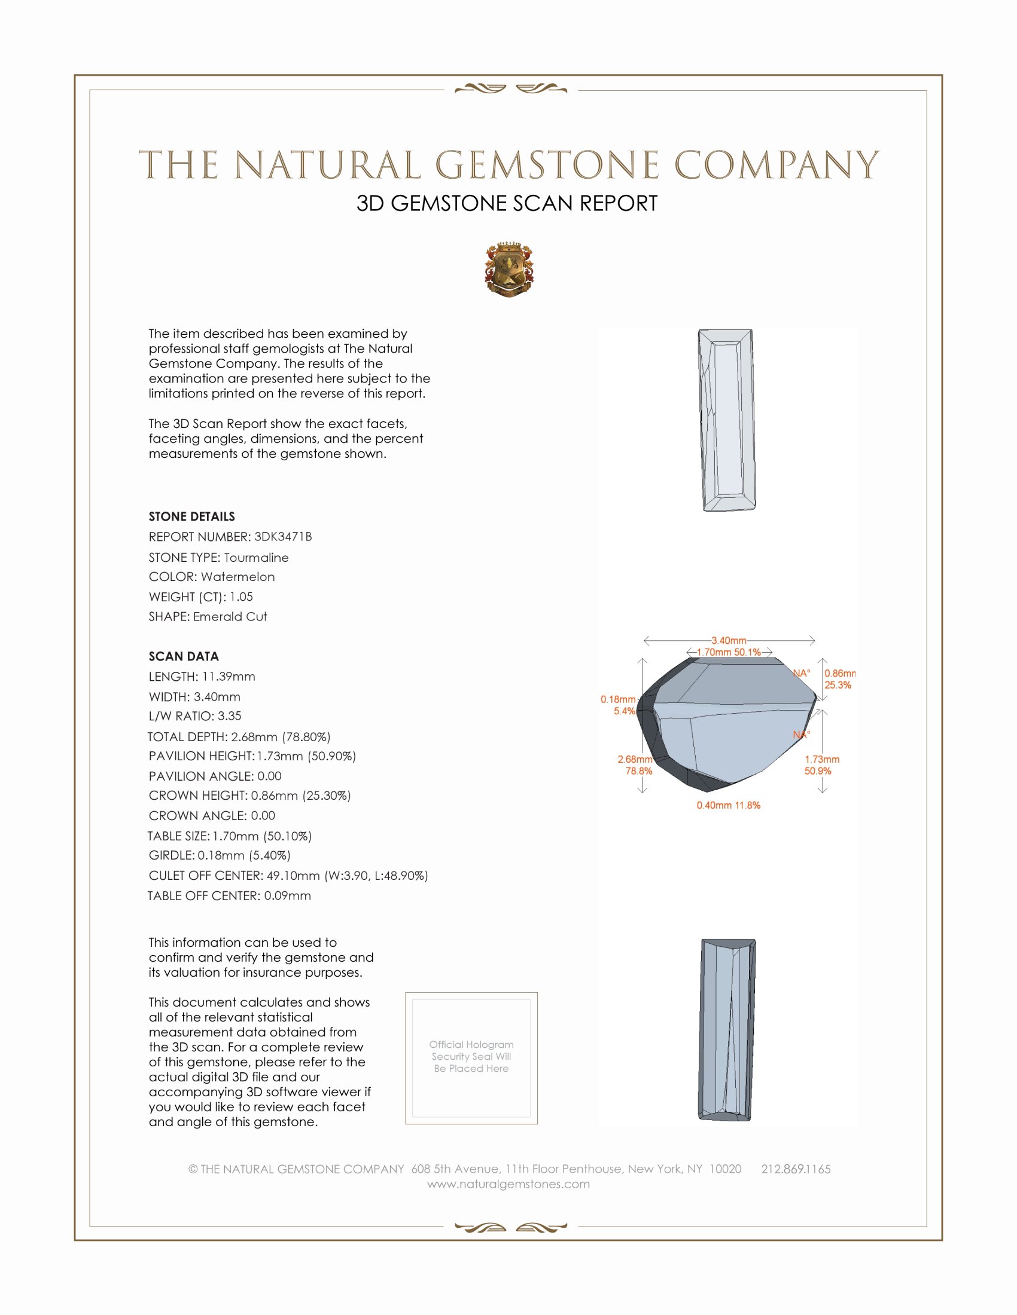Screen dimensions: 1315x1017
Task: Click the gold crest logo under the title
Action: click(508, 270)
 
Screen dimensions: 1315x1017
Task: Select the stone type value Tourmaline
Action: click(256, 558)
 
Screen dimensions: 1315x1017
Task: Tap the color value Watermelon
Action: click(237, 577)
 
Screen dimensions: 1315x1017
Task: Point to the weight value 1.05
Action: click(241, 597)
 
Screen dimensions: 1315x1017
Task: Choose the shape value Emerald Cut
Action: click(230, 617)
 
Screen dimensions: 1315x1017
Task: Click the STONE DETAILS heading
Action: click(191, 516)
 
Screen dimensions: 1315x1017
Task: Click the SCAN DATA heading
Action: click(184, 656)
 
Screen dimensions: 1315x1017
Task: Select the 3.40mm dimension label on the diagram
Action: click(729, 640)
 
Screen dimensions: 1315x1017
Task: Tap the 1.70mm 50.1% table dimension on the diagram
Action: click(729, 652)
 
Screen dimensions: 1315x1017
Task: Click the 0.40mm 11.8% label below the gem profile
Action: click(729, 805)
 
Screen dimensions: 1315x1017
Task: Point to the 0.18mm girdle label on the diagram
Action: click(617, 699)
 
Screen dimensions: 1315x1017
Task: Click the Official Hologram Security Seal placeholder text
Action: click(471, 1056)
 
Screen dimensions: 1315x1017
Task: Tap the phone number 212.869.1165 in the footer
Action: click(795, 1169)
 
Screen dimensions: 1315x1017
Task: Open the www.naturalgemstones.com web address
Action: click(508, 1183)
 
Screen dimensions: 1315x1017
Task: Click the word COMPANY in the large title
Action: click(777, 165)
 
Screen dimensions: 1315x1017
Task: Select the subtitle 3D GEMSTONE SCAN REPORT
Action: click(507, 203)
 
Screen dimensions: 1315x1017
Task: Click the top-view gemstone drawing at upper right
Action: click(727, 420)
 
